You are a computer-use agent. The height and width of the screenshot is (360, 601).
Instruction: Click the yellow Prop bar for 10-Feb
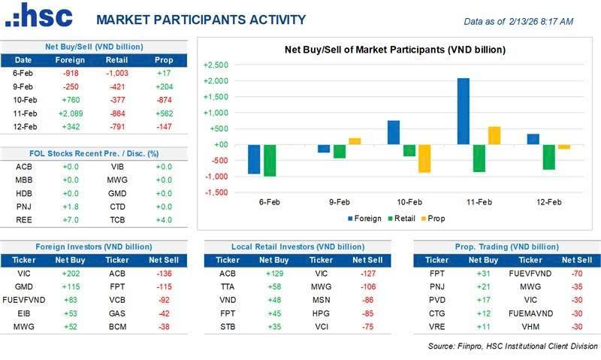(x=424, y=159)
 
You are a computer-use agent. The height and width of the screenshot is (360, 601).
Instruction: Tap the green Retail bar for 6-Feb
(x=270, y=160)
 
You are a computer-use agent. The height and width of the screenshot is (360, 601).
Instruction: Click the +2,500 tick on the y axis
(x=216, y=65)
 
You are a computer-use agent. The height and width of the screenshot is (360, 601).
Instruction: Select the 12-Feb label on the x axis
(x=549, y=201)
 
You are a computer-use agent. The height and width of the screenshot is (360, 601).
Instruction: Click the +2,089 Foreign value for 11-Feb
(x=70, y=113)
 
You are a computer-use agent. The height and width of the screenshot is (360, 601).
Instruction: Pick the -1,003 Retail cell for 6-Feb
(x=118, y=73)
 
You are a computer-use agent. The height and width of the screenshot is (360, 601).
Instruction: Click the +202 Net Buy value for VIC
(x=70, y=274)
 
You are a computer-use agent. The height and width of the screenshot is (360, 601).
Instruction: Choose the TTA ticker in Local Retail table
(x=228, y=286)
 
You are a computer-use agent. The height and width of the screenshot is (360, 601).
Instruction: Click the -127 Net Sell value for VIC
(x=367, y=274)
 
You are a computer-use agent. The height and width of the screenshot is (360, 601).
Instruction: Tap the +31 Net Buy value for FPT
(x=482, y=274)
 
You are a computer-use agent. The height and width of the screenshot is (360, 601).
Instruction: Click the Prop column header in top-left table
(x=163, y=60)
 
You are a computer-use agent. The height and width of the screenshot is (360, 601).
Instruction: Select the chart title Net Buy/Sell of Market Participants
(x=394, y=50)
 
